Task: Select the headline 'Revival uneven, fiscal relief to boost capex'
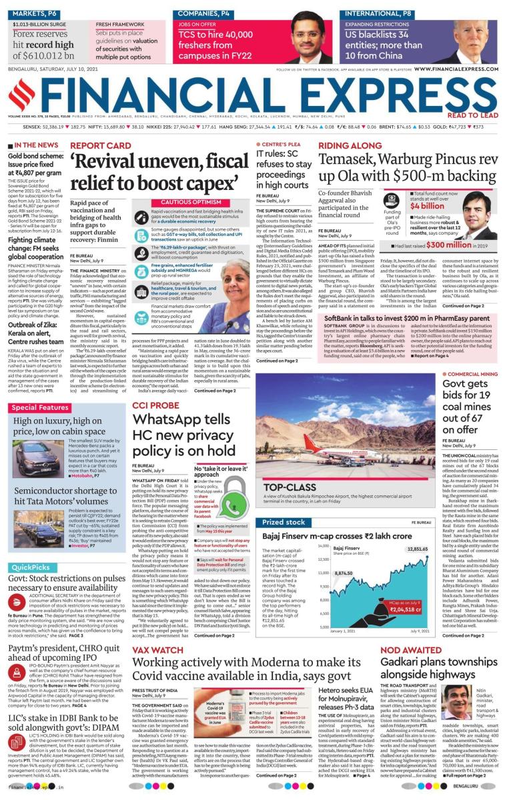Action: click(157, 171)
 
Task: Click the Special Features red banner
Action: click(40, 407)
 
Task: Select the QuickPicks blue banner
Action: click(31, 567)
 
